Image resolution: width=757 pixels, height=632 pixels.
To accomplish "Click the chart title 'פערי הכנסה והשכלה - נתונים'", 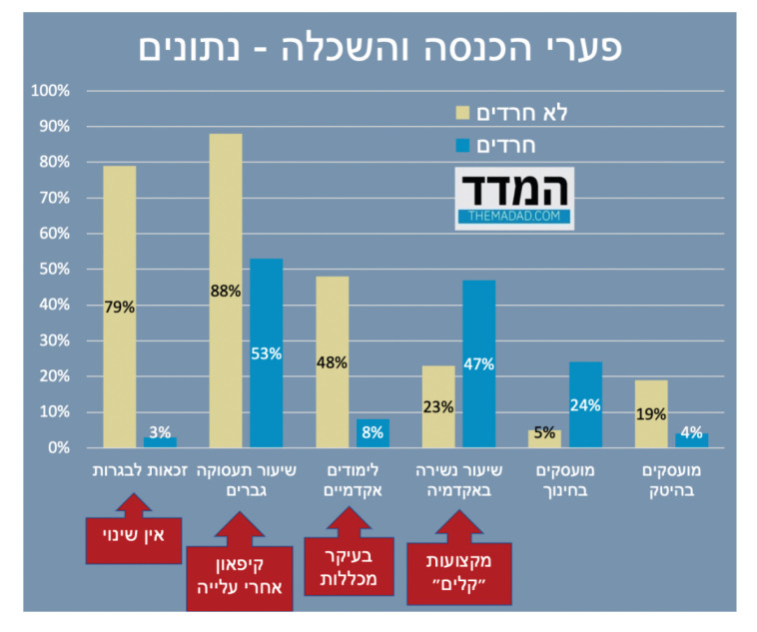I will point(378,46).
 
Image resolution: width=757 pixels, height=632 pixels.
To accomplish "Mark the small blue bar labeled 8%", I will point(372,433).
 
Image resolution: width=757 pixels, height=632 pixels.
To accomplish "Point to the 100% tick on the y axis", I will point(51,91).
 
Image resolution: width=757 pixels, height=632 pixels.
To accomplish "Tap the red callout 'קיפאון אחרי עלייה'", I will point(239,576).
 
